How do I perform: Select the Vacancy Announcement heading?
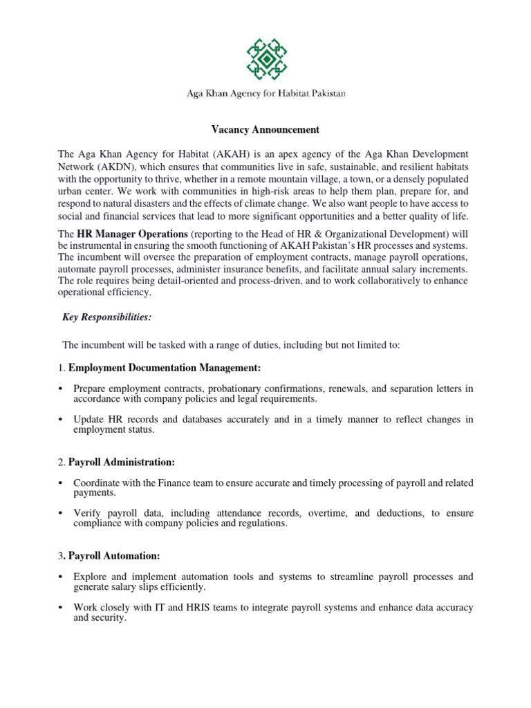coord(265,129)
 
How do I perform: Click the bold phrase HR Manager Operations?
coord(132,234)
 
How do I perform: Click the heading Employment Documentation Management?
coord(165,367)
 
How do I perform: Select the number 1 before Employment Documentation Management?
coord(60,367)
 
